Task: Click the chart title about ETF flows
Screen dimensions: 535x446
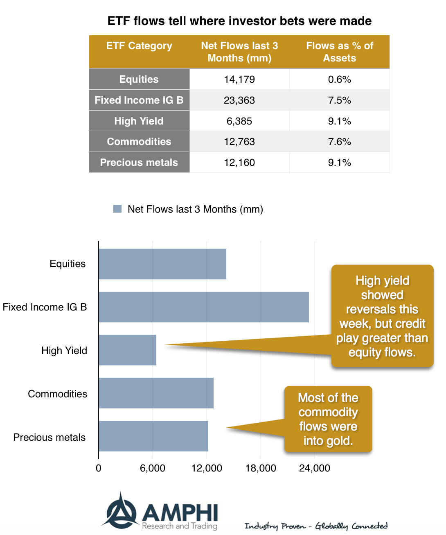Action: tap(239, 21)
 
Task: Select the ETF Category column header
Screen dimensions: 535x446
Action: tap(139, 46)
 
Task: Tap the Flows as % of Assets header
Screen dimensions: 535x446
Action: tap(340, 52)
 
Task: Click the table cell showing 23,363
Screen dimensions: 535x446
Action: tap(239, 100)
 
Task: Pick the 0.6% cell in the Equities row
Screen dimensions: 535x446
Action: tap(340, 79)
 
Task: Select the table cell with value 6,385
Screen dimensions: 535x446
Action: tap(239, 121)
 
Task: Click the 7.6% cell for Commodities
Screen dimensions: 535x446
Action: tap(340, 142)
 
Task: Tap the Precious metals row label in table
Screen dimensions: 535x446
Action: tap(139, 163)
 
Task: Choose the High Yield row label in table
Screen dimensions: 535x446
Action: tap(139, 121)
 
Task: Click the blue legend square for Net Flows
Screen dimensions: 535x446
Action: tap(117, 209)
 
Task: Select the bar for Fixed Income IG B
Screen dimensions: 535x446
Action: tap(203, 307)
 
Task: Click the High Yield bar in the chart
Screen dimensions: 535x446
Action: tap(127, 350)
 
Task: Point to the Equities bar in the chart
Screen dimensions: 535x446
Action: tap(162, 264)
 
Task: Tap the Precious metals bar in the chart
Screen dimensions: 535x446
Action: tap(153, 436)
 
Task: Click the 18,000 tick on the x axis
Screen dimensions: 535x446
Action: tap(261, 468)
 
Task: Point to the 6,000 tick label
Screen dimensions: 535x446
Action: tap(153, 468)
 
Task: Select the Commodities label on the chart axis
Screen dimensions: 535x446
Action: tap(57, 394)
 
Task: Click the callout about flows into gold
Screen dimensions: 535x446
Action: tap(328, 419)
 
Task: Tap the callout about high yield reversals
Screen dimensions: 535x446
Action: tap(382, 316)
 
